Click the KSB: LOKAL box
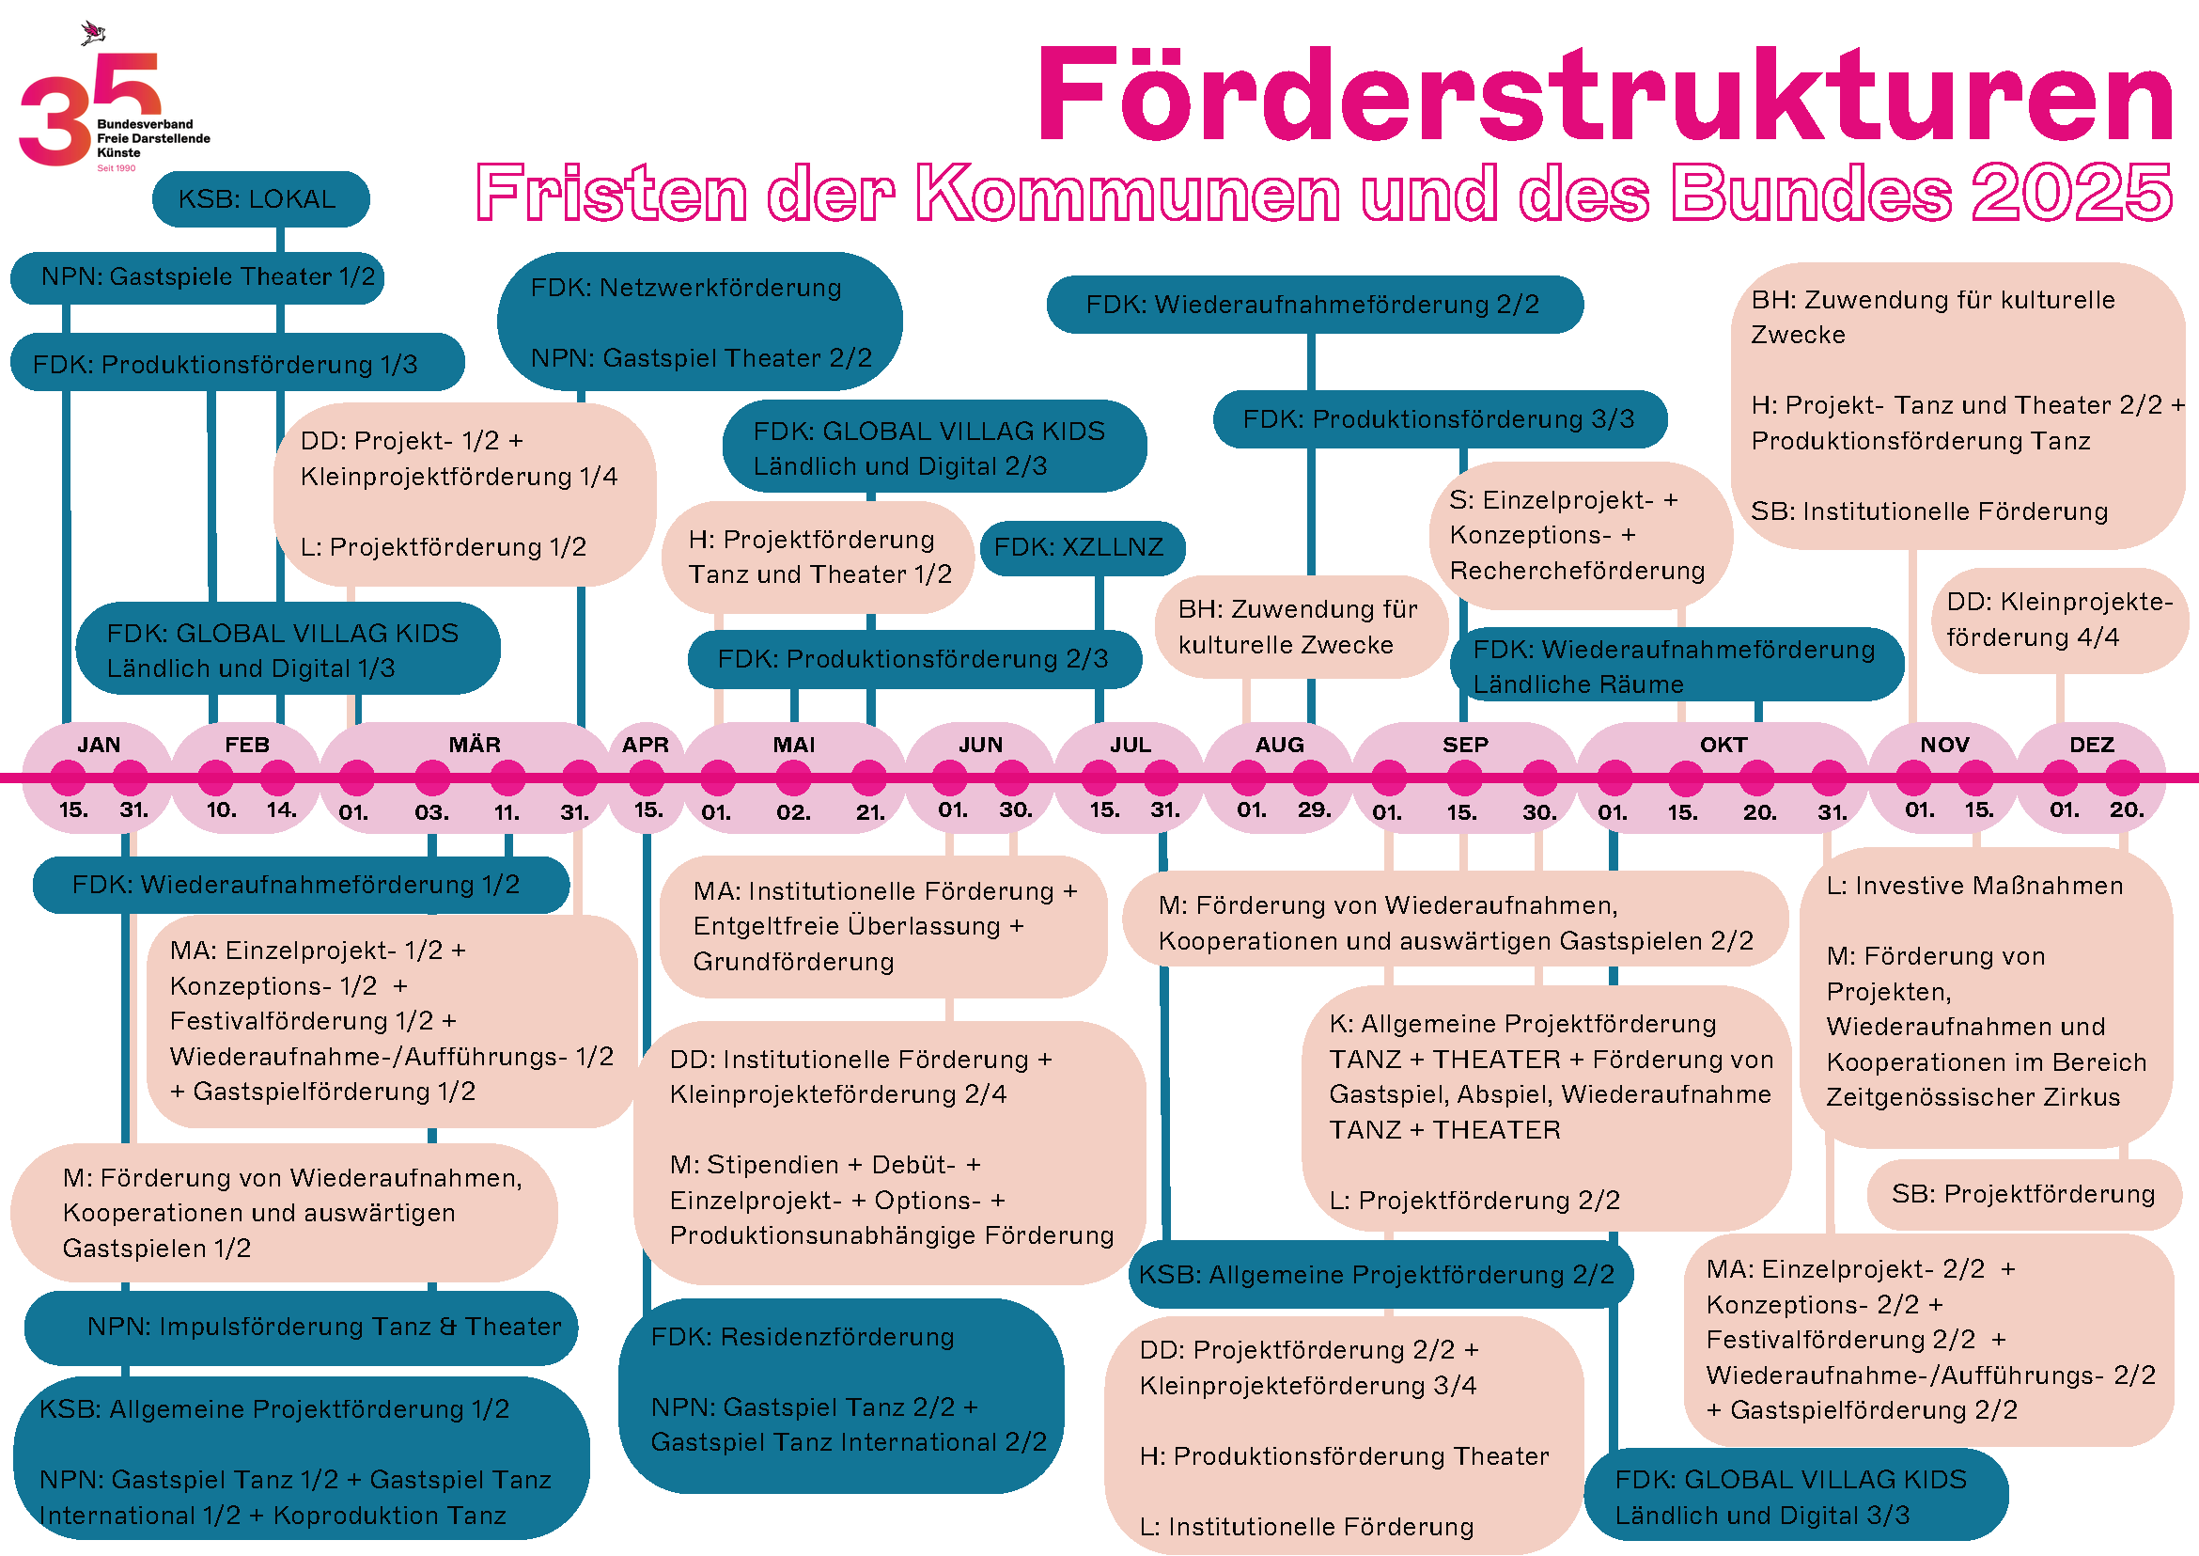[x=259, y=199]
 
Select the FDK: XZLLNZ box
[x=1082, y=548]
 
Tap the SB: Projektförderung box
[x=2021, y=1195]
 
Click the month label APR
[x=646, y=746]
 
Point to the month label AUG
[x=1280, y=746]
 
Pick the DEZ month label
[x=2091, y=746]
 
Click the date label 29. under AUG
[x=1314, y=810]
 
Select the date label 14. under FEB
[x=282, y=810]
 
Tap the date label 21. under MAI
[x=869, y=813]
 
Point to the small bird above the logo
[x=93, y=34]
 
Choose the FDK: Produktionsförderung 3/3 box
[x=1439, y=419]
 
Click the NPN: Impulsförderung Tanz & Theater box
[x=302, y=1327]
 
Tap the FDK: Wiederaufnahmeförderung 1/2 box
[x=301, y=886]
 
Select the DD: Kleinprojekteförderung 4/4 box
[x=2059, y=620]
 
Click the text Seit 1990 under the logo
[x=116, y=168]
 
